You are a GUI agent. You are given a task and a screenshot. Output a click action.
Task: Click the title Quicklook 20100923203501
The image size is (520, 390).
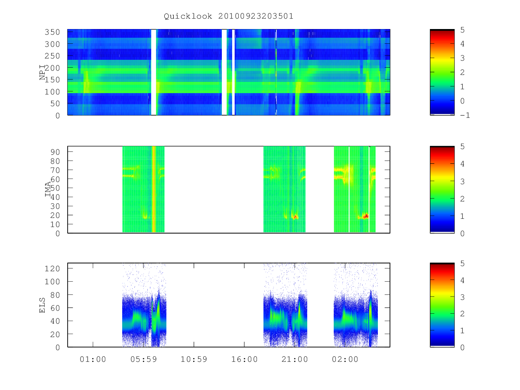(228, 16)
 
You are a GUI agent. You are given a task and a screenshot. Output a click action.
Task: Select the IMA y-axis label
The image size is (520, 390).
(48, 189)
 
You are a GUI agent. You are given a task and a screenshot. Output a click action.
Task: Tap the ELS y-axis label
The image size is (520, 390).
(42, 305)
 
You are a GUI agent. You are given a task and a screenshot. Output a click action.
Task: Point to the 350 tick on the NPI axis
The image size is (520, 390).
(52, 32)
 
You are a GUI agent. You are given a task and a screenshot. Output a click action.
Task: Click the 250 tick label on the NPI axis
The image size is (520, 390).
(52, 56)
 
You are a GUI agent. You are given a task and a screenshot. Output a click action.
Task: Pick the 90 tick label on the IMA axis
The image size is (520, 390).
(55, 152)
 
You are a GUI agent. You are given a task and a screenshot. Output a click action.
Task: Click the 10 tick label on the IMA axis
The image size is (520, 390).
(55, 224)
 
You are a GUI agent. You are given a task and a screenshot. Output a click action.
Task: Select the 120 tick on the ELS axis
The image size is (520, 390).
(52, 269)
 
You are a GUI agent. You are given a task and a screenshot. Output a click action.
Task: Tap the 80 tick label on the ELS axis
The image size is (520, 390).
(55, 295)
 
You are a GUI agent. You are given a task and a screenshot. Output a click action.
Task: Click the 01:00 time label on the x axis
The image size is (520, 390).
(93, 359)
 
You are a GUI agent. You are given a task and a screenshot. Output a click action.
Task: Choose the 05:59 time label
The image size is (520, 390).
(143, 359)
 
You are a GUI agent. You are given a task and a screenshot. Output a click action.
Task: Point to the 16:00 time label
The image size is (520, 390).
(244, 359)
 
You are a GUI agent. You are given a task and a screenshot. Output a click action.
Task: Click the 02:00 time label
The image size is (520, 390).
(345, 359)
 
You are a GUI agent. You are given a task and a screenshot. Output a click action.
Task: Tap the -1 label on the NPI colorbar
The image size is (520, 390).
(465, 115)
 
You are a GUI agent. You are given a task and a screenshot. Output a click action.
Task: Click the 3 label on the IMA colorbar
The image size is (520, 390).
(462, 182)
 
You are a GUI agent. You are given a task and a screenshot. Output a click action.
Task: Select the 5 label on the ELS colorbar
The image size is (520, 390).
(462, 263)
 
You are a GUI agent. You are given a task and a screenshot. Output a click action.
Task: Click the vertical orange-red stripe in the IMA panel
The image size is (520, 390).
(154, 189)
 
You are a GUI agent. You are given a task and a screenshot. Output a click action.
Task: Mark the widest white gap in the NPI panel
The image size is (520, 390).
(153, 72)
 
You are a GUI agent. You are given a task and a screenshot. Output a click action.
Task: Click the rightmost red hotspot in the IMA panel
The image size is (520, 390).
(366, 216)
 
